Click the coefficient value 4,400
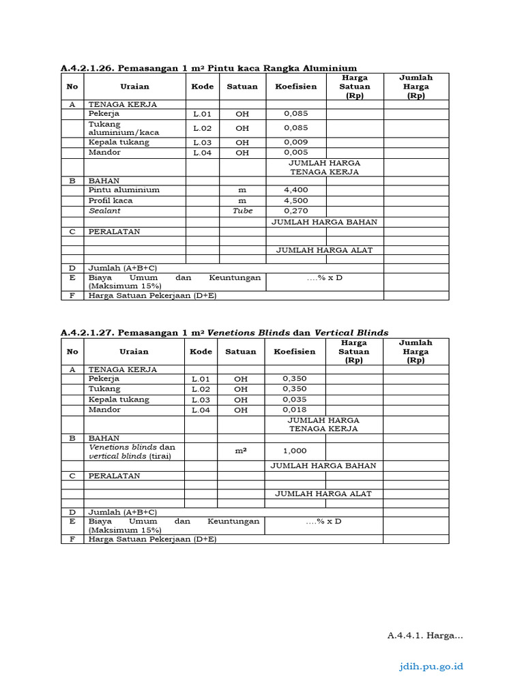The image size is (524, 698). click(295, 190)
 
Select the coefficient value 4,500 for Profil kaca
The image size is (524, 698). click(295, 201)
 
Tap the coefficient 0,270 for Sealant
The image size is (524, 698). click(295, 211)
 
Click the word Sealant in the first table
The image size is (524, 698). click(104, 211)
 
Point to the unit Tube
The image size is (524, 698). click(242, 211)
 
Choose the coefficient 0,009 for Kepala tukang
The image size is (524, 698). click(295, 142)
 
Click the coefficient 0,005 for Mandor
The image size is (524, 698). click(295, 153)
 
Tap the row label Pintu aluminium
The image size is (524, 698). click(123, 190)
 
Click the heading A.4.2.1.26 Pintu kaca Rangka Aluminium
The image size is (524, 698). click(208, 67)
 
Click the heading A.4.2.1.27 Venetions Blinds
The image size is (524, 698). click(224, 333)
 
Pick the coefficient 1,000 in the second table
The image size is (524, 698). click(295, 451)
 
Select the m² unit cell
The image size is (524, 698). click(241, 451)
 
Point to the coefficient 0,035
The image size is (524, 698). click(295, 399)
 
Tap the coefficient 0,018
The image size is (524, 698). click(295, 410)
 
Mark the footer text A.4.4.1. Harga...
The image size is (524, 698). click(424, 635)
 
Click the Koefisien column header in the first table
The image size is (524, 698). click(295, 87)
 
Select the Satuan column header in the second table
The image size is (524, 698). click(241, 352)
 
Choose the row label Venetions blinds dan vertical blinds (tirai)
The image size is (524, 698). click(132, 451)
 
